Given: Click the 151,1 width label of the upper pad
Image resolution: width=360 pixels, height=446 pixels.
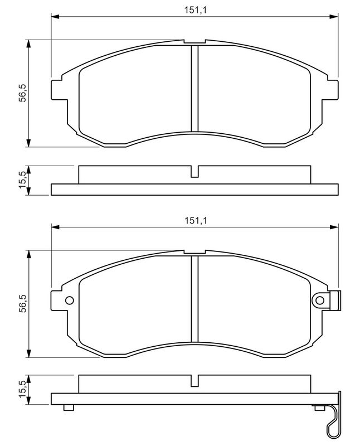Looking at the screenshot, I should coord(195,9).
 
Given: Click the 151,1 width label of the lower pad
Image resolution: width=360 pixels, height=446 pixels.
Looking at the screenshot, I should coord(195,220).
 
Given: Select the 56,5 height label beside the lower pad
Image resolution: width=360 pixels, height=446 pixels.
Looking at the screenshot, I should coord(22,304).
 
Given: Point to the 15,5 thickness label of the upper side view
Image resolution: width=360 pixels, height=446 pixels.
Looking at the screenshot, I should coord(22,180).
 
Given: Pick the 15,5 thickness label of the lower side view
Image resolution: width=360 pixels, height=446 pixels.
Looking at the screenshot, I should coord(22,390).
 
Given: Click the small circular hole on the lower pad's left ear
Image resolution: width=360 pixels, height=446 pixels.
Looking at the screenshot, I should coord(70,300).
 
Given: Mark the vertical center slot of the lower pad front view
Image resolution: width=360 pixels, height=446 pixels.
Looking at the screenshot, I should coord(194,299).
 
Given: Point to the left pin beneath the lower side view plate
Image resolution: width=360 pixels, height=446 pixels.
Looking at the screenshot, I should coord(69,408).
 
